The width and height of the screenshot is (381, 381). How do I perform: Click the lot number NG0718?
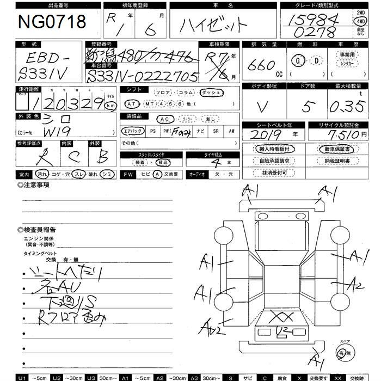[x=52, y=22]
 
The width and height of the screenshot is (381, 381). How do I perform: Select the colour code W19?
[x=41, y=132]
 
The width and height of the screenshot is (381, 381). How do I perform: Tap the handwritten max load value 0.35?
[x=349, y=107]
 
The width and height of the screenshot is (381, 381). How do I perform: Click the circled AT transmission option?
[x=131, y=103]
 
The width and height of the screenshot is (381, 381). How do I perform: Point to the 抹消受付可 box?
[x=274, y=173]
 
